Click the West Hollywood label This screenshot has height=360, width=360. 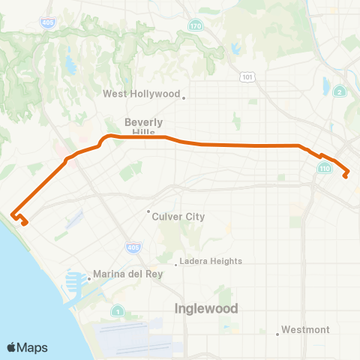coord(141,94)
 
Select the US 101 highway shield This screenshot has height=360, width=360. coord(248,76)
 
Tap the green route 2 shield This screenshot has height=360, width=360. coord(340,91)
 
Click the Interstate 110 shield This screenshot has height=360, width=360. coord(324,169)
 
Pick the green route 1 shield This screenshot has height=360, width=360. coord(118,310)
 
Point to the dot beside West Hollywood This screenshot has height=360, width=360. coord(184,95)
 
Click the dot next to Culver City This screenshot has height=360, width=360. coord(148,211)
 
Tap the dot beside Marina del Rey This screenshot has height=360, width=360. coord(89,279)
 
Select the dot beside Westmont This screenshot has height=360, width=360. coord(277,331)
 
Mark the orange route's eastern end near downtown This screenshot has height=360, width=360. coord(346,177)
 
